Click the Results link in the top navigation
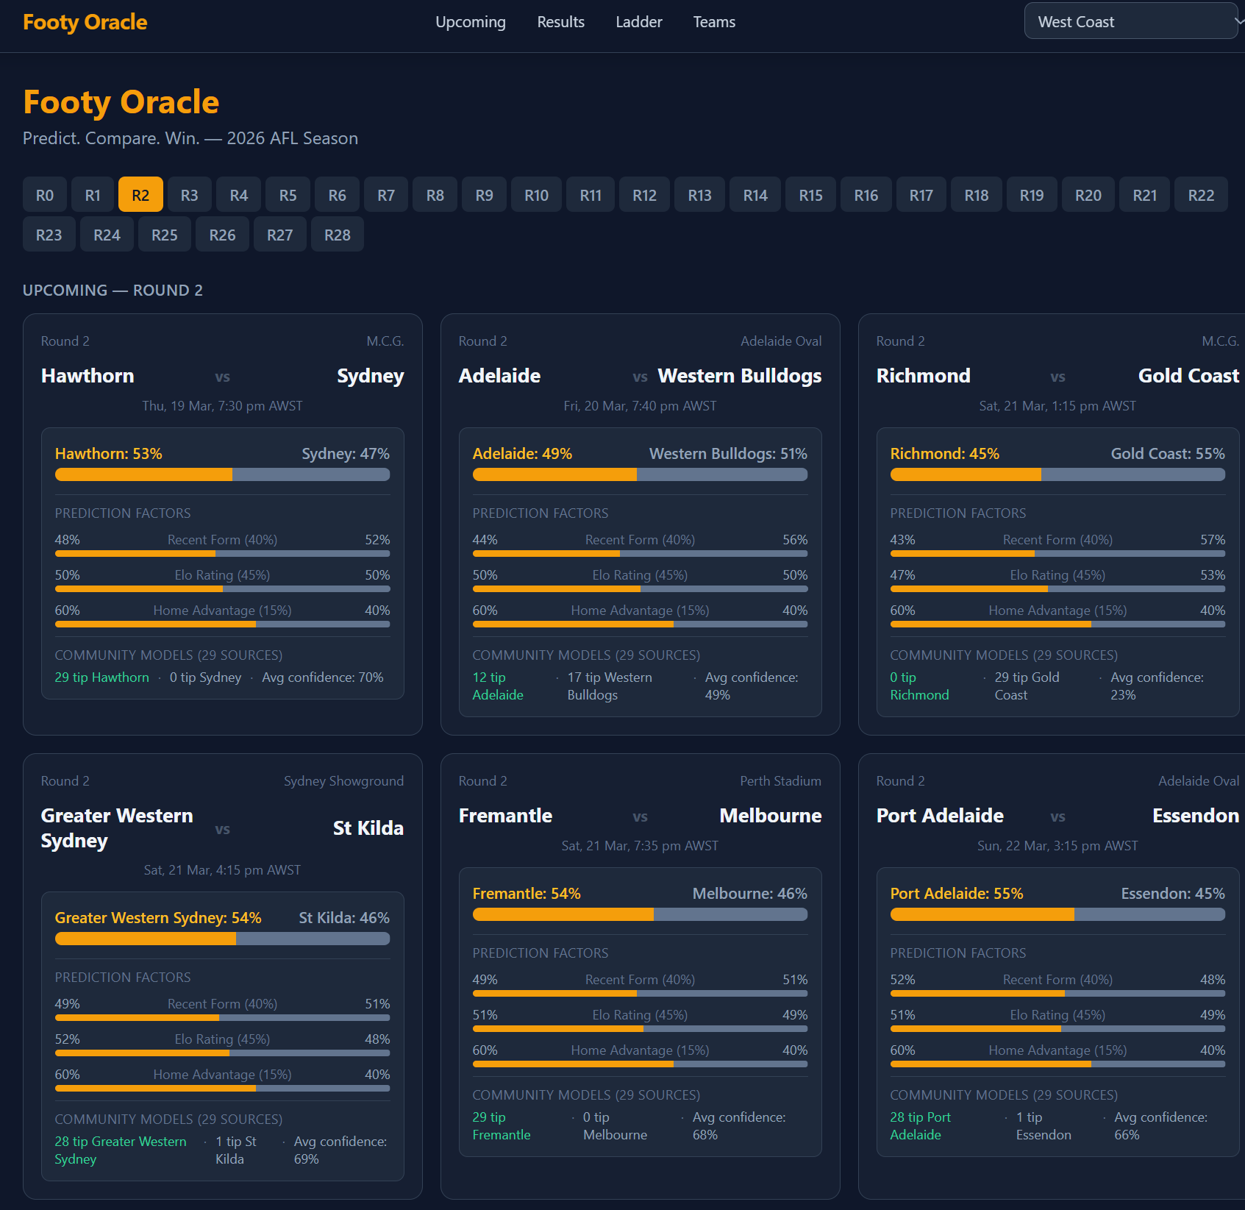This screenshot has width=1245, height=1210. point(560,22)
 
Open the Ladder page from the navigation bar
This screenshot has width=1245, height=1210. point(638,22)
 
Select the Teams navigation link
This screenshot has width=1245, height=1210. point(714,22)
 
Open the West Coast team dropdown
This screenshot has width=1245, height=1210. point(1131,22)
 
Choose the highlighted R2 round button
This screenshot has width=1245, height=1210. point(140,195)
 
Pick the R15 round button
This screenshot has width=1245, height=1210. point(810,195)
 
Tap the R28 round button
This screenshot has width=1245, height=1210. point(337,235)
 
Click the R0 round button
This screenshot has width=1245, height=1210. point(45,195)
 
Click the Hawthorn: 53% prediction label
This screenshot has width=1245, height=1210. point(109,454)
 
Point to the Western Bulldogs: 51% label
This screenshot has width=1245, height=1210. point(727,454)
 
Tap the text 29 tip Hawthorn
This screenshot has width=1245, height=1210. point(102,677)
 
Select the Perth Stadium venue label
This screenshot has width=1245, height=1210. point(780,780)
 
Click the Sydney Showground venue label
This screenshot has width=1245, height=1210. point(343,780)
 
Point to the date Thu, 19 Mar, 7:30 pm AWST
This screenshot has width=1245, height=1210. point(222,406)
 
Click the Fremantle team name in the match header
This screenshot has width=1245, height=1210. point(505,816)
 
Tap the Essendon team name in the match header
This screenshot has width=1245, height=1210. point(1195,816)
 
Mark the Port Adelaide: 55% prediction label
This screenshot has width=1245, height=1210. point(956,894)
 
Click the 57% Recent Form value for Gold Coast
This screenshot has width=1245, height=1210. point(1212,540)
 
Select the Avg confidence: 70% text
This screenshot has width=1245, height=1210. point(323,677)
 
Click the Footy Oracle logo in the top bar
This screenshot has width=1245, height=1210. point(85,22)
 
